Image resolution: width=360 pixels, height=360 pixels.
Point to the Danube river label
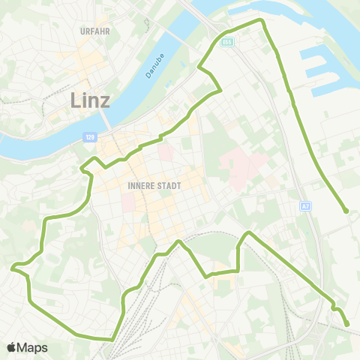152,66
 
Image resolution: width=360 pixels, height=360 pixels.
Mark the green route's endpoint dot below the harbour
346,211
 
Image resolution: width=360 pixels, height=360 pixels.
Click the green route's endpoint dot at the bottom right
347,325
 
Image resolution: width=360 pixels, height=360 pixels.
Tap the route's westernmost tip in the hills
13,266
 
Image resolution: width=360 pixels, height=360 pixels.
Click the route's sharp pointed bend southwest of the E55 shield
199,68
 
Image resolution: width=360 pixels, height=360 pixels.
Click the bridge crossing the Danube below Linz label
106,120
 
